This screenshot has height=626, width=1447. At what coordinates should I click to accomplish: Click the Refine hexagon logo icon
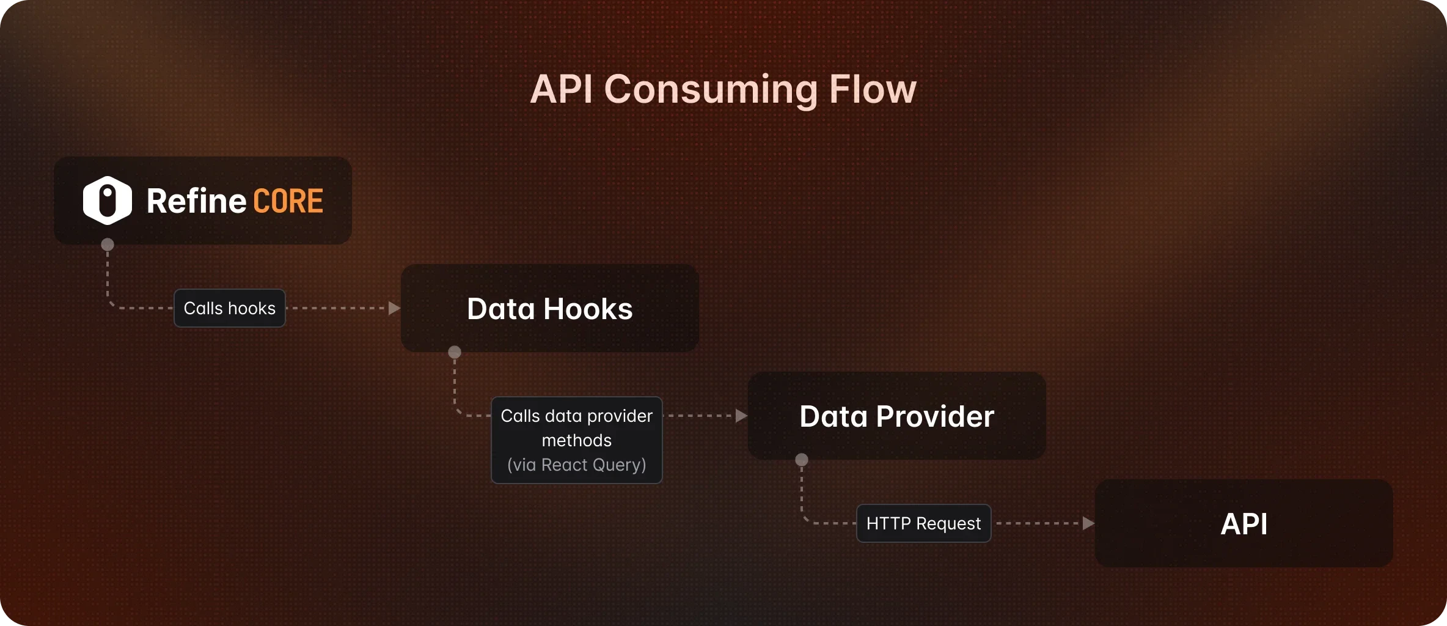108,201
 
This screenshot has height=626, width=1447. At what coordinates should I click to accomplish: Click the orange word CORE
288,201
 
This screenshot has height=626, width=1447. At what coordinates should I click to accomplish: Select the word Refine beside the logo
196,201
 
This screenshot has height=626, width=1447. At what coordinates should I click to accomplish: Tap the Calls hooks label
230,308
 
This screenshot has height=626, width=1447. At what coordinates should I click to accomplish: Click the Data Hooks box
549,308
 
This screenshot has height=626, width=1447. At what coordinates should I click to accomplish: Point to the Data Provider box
896,416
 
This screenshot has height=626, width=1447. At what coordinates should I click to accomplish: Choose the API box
1244,524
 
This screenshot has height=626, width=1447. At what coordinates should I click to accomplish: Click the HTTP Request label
923,523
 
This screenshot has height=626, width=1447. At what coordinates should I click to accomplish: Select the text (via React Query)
576,465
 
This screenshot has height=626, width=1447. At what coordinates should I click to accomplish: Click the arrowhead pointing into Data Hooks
394,308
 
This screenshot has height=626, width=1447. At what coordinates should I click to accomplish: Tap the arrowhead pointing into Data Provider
741,416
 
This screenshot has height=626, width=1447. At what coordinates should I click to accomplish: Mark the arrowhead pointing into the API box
1088,523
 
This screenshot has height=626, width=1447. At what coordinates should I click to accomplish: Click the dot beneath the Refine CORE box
108,245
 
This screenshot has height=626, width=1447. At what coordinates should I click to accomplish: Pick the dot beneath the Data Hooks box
455,352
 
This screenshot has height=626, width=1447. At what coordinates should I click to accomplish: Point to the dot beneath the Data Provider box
802,460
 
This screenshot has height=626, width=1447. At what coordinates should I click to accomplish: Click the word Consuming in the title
711,89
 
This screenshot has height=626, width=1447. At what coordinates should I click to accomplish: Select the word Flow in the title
873,89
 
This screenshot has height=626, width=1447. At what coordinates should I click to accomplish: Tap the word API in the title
561,89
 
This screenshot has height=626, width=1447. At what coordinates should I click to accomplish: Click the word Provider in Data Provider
935,416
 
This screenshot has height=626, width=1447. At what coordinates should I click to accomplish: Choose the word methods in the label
576,441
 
